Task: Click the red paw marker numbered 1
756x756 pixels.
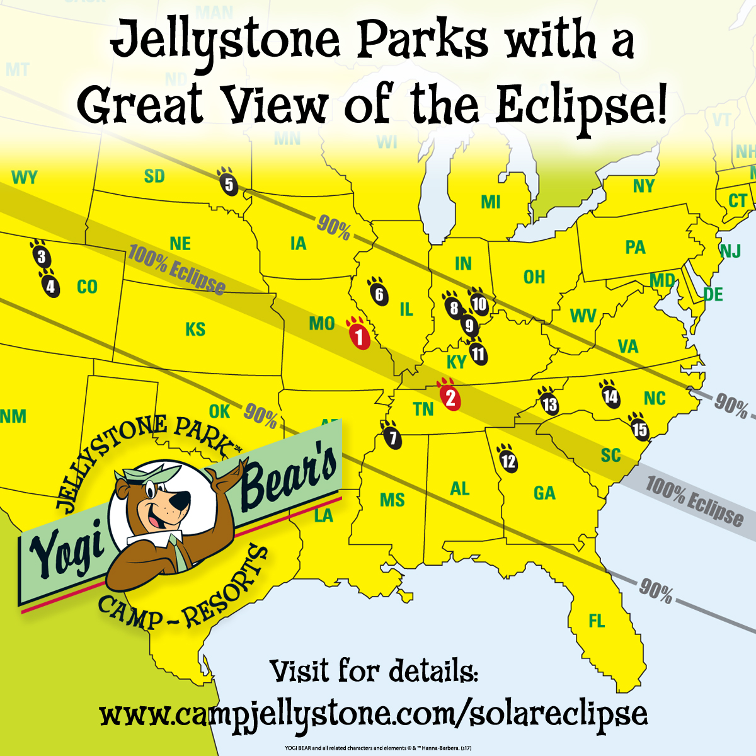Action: (359, 335)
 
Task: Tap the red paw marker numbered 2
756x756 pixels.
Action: (450, 397)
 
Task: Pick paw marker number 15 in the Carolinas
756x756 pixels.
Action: (639, 428)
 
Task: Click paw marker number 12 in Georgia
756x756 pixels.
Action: (508, 460)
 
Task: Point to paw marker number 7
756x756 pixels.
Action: (393, 437)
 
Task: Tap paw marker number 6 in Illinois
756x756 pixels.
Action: (379, 293)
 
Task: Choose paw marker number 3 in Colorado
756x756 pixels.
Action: (41, 256)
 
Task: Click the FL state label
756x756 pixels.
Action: (596, 622)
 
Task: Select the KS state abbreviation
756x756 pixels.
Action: (195, 329)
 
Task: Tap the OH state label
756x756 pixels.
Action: (534, 277)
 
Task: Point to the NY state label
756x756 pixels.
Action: (643, 186)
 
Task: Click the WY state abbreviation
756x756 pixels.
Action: (25, 178)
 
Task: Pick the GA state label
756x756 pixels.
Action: (544, 493)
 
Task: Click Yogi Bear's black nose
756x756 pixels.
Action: (181, 501)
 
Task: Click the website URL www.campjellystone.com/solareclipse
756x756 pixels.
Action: (374, 714)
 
